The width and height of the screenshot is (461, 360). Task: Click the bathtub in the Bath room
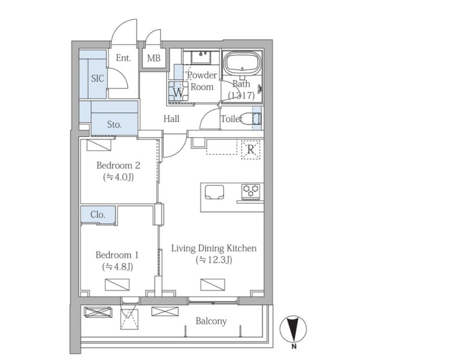coord(242,62)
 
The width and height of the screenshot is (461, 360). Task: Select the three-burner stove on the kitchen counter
coord(251,190)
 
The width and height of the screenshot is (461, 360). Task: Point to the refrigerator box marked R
coord(251,150)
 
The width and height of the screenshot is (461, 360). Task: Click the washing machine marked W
coord(178,92)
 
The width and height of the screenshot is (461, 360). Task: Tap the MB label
coord(154,58)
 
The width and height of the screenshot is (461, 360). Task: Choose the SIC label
coord(98,79)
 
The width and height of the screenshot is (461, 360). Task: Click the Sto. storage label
coord(114,124)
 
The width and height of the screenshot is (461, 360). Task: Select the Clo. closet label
coord(98,214)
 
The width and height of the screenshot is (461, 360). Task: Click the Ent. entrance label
coord(123,58)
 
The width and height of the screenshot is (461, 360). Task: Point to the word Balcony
coord(211,321)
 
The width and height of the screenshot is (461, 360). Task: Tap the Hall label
coord(171,119)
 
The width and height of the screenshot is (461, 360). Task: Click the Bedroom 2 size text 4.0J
coord(118,177)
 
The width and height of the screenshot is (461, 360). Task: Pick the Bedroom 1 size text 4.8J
coord(117,267)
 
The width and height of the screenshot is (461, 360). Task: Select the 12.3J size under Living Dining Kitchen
coord(214,260)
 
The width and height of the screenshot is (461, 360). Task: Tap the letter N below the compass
coord(294,347)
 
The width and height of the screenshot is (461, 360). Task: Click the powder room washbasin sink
coord(201,57)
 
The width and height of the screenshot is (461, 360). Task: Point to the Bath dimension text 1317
coord(241,95)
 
